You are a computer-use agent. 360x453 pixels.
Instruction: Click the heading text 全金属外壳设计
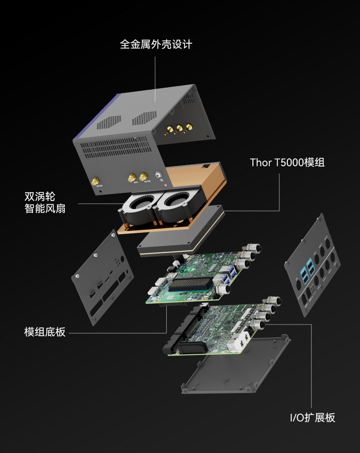(x=156, y=44)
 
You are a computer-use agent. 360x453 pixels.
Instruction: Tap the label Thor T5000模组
(x=287, y=162)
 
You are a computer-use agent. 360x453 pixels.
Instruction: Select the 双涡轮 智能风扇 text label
(x=45, y=202)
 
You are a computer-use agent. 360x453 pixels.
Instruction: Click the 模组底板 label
(x=45, y=332)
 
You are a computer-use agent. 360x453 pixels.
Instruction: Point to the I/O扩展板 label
(x=312, y=418)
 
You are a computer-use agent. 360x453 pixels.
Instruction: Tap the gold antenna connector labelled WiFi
(x=132, y=177)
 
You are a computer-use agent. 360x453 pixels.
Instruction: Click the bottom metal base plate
(x=236, y=368)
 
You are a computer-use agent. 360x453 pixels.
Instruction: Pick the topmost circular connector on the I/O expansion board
(x=274, y=301)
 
